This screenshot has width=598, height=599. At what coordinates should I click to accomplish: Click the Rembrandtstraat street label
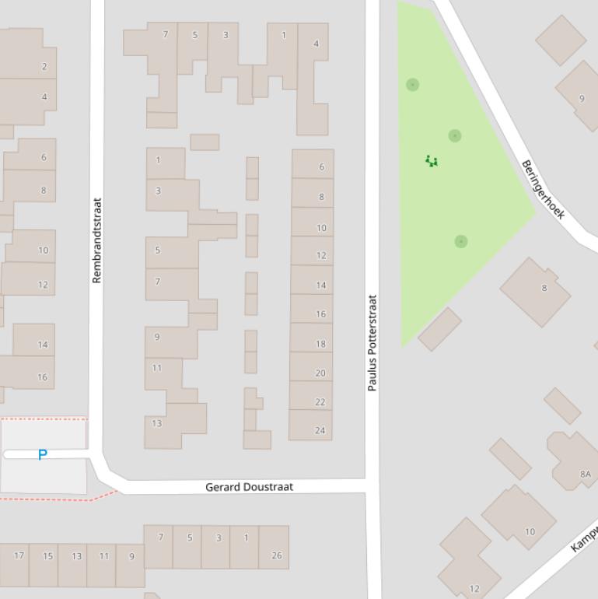pyautogui.click(x=96, y=240)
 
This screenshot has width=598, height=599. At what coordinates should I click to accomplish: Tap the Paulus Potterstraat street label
pyautogui.click(x=372, y=342)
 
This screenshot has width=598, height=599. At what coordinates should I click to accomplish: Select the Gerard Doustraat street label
pyautogui.click(x=249, y=487)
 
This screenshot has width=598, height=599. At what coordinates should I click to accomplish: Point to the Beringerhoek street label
pyautogui.click(x=542, y=189)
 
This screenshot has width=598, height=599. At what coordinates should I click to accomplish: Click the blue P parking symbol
pyautogui.click(x=43, y=454)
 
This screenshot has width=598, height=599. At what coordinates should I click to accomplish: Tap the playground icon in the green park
pyautogui.click(x=432, y=161)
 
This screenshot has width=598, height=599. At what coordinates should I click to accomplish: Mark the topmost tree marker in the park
pyautogui.click(x=413, y=85)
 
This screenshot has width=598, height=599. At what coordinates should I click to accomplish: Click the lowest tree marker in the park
pyautogui.click(x=461, y=242)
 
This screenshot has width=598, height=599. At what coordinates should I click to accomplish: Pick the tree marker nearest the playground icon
pyautogui.click(x=455, y=136)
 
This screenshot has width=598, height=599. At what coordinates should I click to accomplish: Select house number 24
pyautogui.click(x=320, y=430)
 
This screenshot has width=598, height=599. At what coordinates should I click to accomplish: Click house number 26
pyautogui.click(x=277, y=555)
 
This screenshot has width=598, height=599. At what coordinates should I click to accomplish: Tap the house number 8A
pyautogui.click(x=585, y=474)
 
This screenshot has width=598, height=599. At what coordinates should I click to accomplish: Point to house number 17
pyautogui.click(x=19, y=555)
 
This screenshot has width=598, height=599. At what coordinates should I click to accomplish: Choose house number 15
pyautogui.click(x=47, y=555)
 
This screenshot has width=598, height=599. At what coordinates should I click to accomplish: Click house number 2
pyautogui.click(x=44, y=67)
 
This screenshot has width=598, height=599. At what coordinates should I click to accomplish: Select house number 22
pyautogui.click(x=320, y=402)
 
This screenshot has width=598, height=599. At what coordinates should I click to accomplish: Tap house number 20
pyautogui.click(x=320, y=373)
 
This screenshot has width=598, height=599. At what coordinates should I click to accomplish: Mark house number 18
pyautogui.click(x=320, y=344)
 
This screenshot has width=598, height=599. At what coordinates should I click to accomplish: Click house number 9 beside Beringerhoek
pyautogui.click(x=581, y=99)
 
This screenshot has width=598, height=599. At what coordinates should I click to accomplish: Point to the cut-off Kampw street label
pyautogui.click(x=583, y=538)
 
